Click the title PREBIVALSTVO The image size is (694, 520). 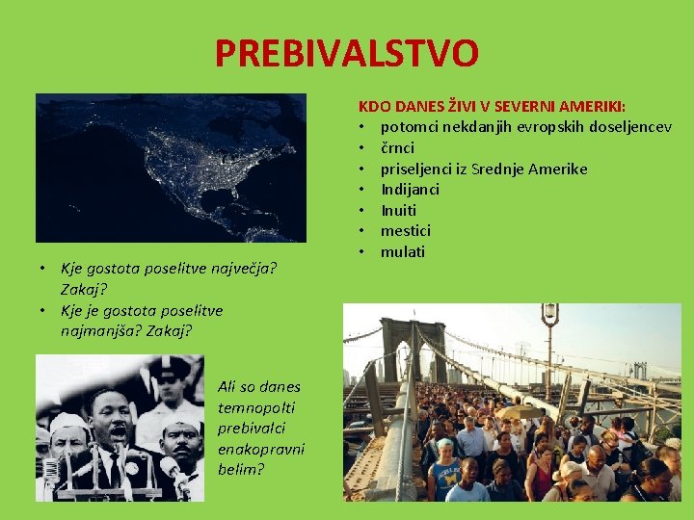(x=346, y=53)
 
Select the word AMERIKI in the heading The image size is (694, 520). (x=591, y=106)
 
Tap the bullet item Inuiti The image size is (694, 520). (x=398, y=210)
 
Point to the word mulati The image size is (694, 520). (x=402, y=252)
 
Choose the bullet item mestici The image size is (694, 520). (x=405, y=231)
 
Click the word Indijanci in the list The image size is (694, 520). (x=410, y=190)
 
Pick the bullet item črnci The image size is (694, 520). (x=397, y=148)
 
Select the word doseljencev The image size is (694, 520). (x=624, y=127)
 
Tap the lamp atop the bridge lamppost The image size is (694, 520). (x=549, y=313)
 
